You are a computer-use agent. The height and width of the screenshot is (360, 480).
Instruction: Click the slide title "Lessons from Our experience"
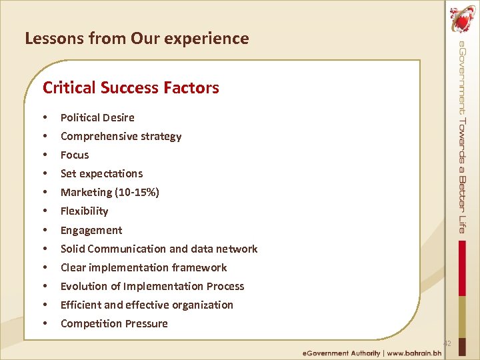[137, 39]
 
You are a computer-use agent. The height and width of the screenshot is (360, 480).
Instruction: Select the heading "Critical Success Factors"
[131, 87]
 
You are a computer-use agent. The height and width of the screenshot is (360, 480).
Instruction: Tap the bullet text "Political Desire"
[97, 117]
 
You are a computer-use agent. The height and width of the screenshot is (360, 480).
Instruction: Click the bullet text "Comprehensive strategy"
[121, 136]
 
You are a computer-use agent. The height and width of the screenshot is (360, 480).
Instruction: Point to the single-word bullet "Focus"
[75, 155]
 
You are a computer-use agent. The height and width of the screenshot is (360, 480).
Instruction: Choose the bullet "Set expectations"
[101, 173]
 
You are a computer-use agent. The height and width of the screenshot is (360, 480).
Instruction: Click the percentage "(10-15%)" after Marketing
[137, 192]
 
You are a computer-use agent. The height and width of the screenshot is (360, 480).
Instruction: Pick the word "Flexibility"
[84, 211]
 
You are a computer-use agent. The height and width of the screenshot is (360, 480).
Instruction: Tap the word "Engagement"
[91, 230]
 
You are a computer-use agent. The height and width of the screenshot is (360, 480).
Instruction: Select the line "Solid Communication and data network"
[159, 249]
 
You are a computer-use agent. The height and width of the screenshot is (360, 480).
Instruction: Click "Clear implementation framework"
[143, 267]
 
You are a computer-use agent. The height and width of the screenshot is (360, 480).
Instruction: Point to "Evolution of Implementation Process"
[152, 286]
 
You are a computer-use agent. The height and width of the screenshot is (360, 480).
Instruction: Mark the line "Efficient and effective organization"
[147, 305]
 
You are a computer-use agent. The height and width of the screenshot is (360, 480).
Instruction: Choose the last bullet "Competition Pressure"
[114, 323]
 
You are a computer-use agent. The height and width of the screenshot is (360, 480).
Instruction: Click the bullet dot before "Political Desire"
[45, 117]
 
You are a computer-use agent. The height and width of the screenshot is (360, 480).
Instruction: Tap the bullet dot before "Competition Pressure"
[45, 323]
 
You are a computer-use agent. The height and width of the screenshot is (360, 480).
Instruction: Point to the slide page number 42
[447, 343]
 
